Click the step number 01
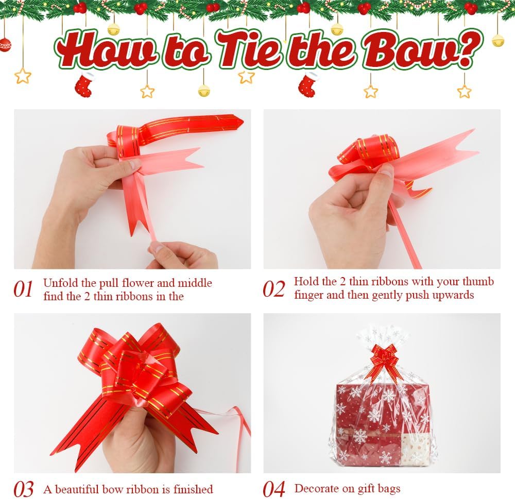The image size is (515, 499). point(23,289)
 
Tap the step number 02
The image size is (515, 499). point(273,289)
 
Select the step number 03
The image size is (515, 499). point(24,489)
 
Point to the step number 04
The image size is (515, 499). point(274,489)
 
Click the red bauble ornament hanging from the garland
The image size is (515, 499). point(5,45)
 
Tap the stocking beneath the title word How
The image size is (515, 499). point(84,85)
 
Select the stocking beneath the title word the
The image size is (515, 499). point(308,84)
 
